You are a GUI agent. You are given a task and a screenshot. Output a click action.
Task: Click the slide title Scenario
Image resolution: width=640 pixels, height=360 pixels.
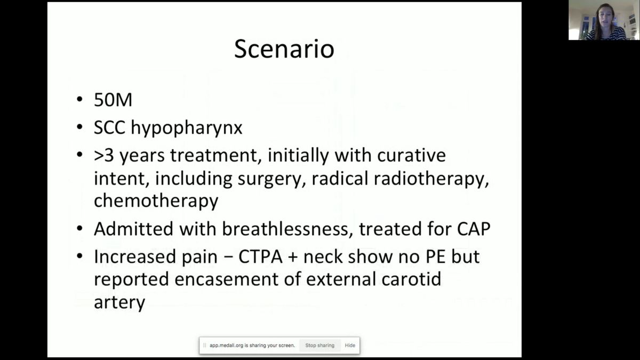pyautogui.click(x=284, y=49)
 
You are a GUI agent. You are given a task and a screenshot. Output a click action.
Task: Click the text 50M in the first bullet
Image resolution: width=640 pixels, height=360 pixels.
pyautogui.click(x=113, y=100)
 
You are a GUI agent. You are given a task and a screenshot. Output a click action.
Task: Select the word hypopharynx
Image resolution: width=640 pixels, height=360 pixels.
pyautogui.click(x=187, y=128)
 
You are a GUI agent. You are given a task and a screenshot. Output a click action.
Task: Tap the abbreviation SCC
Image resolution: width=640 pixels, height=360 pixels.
pyautogui.click(x=109, y=127)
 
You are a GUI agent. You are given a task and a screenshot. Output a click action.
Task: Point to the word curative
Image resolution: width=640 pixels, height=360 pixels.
pyautogui.click(x=411, y=155)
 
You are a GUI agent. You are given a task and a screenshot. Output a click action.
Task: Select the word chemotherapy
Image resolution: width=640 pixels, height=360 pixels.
pyautogui.click(x=156, y=201)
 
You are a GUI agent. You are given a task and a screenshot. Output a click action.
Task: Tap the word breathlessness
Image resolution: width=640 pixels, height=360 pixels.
pyautogui.click(x=286, y=229)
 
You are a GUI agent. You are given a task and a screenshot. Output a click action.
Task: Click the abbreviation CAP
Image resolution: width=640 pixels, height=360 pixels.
pyautogui.click(x=474, y=229)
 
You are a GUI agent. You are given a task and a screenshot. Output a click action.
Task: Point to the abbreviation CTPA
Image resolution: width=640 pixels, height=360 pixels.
pyautogui.click(x=261, y=257)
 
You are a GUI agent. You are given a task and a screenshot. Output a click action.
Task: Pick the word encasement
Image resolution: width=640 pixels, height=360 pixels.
pyautogui.click(x=227, y=279)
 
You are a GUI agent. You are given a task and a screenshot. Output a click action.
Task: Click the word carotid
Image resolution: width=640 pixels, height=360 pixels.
pyautogui.click(x=411, y=279)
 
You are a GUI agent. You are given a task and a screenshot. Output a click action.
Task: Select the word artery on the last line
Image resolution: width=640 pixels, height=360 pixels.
pyautogui.click(x=119, y=303)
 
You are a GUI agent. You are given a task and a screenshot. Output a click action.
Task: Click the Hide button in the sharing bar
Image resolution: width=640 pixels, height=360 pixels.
pyautogui.click(x=350, y=346)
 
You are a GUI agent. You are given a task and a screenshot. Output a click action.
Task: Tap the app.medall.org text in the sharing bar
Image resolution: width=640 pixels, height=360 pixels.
pyautogui.click(x=226, y=346)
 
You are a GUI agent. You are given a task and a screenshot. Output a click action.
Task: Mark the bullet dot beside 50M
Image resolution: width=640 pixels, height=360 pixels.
pyautogui.click(x=79, y=99)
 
